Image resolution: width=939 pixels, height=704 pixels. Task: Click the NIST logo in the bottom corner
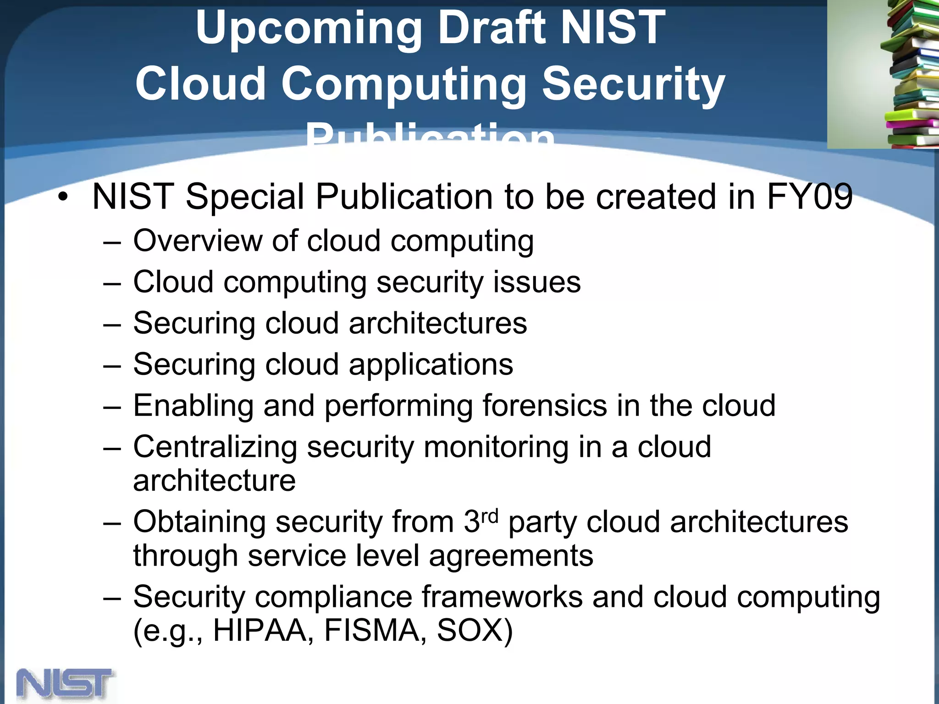coord(65,684)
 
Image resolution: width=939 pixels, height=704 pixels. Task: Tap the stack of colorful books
coord(910,76)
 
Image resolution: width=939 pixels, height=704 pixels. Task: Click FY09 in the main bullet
coord(809,196)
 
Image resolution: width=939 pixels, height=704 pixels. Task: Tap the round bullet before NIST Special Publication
coord(63,198)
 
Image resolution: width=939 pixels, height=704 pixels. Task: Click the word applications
coord(431,365)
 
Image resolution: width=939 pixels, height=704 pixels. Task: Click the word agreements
coord(511,555)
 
